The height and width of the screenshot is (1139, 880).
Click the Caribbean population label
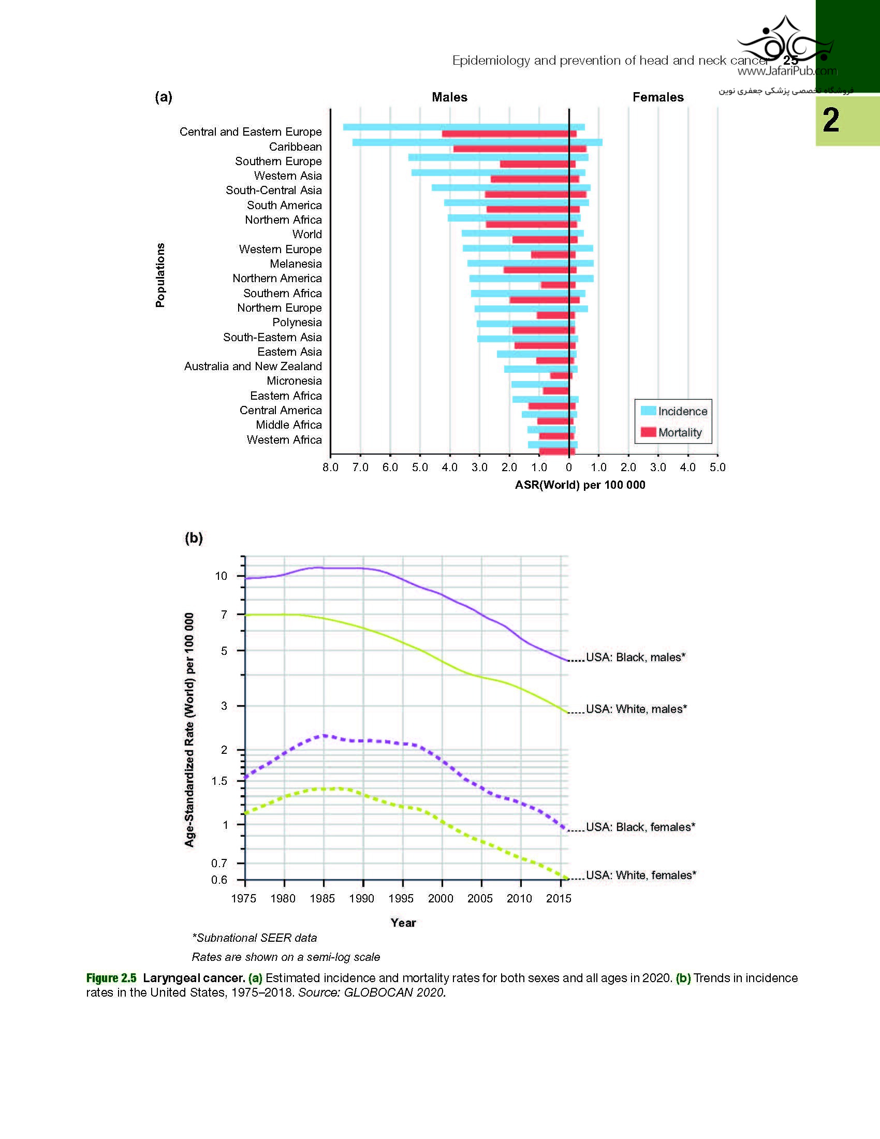pos(295,147)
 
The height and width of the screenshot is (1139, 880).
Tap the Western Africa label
pos(284,440)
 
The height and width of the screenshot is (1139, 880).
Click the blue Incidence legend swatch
pos(648,411)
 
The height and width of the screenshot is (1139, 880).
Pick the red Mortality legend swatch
pos(648,432)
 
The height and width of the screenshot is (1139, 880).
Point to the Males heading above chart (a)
pos(449,97)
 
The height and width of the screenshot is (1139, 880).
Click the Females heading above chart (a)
pos(658,97)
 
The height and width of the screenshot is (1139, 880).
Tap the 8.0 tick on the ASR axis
pos(331,468)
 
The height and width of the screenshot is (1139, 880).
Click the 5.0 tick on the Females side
pos(717,468)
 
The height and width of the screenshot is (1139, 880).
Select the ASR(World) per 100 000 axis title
pos(580,485)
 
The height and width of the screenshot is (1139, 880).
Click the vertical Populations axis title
pos(160,275)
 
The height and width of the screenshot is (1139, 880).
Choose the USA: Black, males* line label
pos(636,657)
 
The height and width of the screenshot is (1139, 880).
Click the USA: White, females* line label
pos(641,875)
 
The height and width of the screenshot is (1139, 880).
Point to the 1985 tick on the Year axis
pos(322,899)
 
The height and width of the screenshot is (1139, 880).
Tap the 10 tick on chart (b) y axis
pos(221,576)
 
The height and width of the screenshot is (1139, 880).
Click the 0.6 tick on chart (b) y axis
pos(219,880)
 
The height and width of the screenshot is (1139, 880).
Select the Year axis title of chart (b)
pos(403,923)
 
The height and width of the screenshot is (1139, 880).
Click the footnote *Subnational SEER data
pos(254,938)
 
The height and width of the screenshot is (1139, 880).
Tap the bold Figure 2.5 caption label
pos(111,978)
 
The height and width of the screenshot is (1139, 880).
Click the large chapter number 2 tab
pos(831,120)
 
